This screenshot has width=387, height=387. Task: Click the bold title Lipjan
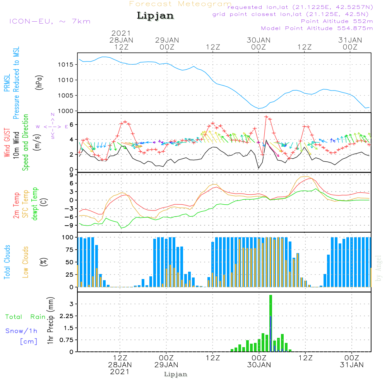point(155,16)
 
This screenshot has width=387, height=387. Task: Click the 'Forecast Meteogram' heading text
point(180,4)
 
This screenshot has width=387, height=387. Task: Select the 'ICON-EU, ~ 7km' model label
point(49,21)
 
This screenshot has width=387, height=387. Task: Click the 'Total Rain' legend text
point(25,317)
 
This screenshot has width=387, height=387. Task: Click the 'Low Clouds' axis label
point(26,262)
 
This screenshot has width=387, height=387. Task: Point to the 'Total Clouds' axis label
point(7,262)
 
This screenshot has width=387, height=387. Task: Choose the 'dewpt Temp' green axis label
point(35,204)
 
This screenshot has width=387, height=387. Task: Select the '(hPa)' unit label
point(39,82)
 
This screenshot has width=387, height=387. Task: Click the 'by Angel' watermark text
point(378,268)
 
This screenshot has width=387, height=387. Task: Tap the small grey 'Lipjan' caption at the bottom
point(176,374)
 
